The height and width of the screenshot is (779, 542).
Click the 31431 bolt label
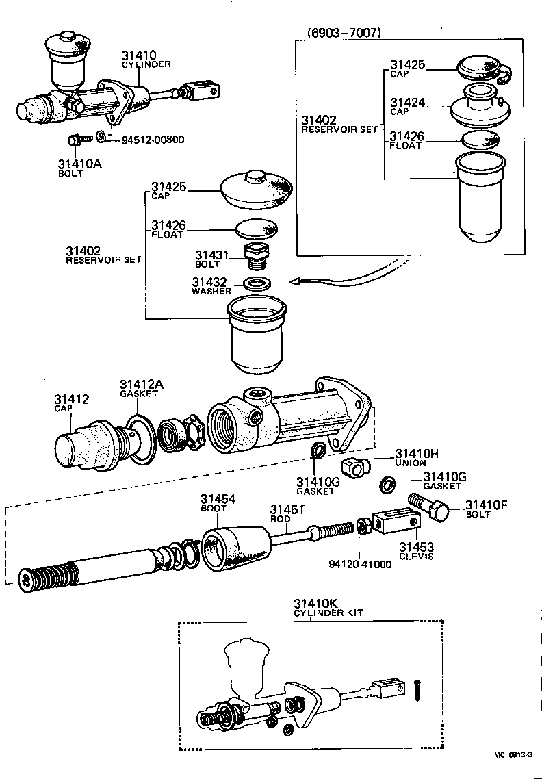click(209, 259)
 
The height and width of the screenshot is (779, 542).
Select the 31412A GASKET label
click(141, 388)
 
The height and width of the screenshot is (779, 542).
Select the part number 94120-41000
click(361, 565)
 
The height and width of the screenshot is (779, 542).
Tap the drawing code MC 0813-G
click(513, 754)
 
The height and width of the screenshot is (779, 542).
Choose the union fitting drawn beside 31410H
click(355, 469)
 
